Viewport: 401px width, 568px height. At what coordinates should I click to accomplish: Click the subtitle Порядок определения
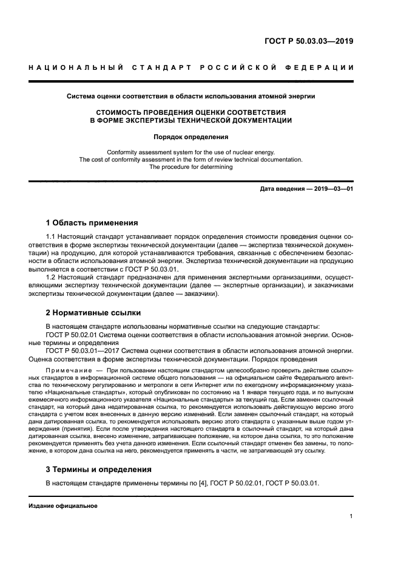[x=190, y=137]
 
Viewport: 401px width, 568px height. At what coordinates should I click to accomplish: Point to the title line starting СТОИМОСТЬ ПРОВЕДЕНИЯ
[x=190, y=112]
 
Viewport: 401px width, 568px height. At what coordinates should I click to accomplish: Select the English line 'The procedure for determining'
[x=190, y=167]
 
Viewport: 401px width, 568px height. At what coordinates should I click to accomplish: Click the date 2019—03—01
[x=334, y=189]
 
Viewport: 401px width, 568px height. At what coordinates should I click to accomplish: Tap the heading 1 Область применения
[x=92, y=223]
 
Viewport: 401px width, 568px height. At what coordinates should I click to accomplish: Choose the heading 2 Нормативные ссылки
[x=93, y=313]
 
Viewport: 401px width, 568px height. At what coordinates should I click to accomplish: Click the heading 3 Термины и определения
[x=99, y=469]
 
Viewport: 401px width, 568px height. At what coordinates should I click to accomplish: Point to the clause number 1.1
[x=52, y=236]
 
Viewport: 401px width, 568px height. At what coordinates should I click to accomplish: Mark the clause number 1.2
[x=52, y=278]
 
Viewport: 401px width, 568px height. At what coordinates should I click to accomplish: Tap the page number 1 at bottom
[x=351, y=516]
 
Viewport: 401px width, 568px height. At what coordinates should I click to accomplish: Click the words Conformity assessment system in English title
[x=148, y=151]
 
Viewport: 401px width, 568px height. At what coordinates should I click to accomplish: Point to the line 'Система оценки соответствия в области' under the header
[x=140, y=96]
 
